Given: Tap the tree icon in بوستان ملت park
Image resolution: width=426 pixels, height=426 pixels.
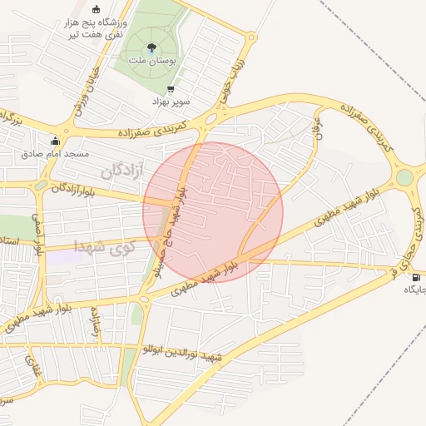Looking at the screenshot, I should click(151, 48).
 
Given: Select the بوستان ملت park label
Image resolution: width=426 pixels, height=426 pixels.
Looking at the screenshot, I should click(151, 61).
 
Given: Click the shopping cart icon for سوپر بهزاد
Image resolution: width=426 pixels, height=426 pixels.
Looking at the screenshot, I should click(171, 89).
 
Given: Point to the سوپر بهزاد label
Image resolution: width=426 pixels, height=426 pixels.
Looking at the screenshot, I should click(171, 101).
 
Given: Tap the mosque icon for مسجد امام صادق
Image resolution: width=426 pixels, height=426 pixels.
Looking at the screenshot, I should click(55, 141).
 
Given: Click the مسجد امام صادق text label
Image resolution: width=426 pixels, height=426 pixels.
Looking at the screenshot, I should click(55, 154).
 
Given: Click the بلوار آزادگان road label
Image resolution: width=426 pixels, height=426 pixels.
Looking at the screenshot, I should click(71, 189).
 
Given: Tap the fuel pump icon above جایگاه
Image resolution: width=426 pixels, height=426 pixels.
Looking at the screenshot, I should click(414, 277).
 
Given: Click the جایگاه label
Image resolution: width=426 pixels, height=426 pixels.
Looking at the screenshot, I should click(415, 290).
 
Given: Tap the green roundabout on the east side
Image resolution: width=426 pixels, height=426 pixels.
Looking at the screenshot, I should click(404, 177).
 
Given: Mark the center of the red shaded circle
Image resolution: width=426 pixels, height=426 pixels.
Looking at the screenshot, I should click(213, 212).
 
